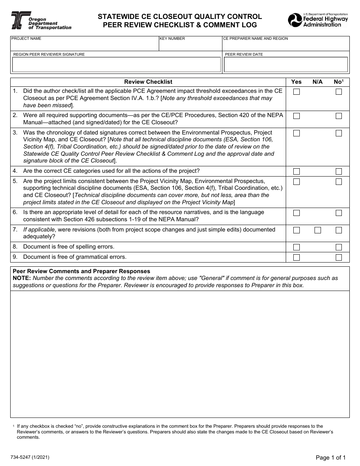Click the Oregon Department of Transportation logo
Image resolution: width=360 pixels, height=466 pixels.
tap(41, 21)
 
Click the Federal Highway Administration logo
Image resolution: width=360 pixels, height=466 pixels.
tap(318, 20)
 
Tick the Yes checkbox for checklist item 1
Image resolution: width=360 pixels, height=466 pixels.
tap(296, 92)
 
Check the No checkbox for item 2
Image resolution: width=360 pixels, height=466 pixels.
tap(338, 116)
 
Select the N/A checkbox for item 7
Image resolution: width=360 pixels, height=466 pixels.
tap(318, 230)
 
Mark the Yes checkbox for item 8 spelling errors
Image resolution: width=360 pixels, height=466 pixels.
tap(296, 247)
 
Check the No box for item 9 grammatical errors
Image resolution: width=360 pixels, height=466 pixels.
tap(338, 258)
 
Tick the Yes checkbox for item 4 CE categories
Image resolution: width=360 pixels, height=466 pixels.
tap(296, 172)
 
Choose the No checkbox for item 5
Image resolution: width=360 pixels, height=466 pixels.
tap(338, 182)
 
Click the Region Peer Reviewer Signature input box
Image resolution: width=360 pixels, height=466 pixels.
tap(116, 65)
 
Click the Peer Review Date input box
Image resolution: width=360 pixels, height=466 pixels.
tap(286, 65)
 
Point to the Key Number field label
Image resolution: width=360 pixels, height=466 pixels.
tap(172, 39)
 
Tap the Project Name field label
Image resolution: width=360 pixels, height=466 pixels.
tap(27, 39)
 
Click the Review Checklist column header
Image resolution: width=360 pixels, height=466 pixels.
tap(148, 82)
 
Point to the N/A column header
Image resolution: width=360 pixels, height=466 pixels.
tap(318, 82)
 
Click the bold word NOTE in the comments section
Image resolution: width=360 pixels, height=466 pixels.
tap(22, 278)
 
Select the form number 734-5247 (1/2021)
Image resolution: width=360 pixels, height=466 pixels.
tap(30, 457)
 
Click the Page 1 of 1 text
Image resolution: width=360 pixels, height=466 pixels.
tap(330, 458)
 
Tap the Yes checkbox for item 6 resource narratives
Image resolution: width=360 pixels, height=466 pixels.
tap(296, 213)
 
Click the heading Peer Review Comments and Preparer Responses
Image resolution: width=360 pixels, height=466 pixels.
tap(81, 271)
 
